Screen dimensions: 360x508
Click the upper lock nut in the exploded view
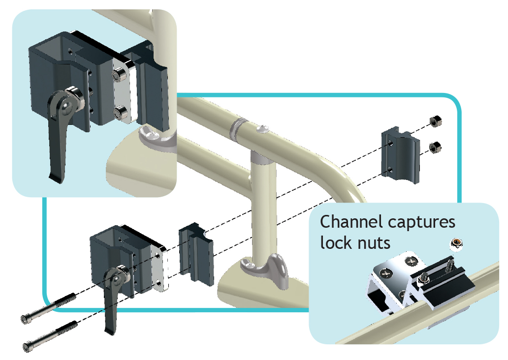click(x=435, y=121)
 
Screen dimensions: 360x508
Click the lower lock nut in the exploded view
click(x=435, y=146)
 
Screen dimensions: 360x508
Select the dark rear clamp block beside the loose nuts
click(x=401, y=153)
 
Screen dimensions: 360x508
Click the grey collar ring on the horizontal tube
click(x=238, y=127)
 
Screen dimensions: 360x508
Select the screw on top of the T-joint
click(x=262, y=129)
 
